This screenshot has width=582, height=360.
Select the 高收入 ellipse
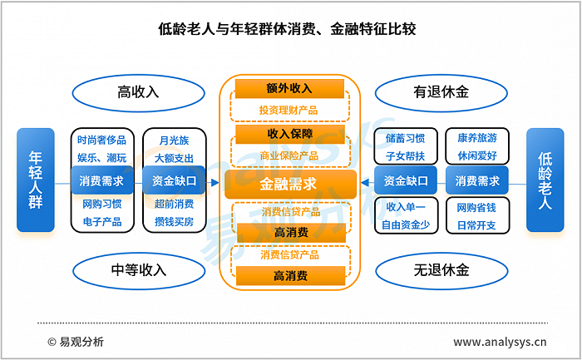tap(138, 91)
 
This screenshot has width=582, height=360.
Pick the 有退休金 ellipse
tap(441, 91)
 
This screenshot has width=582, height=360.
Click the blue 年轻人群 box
tap(34, 180)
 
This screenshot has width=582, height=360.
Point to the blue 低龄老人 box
tap(545, 180)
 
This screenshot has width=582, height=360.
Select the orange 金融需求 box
tap(289, 184)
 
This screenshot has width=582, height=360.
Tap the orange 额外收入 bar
tap(289, 89)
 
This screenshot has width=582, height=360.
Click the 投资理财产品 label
tap(289, 110)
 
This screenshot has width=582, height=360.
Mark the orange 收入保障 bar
tap(289, 134)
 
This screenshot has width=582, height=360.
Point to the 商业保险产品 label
tap(289, 155)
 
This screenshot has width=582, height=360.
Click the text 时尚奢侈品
tap(102, 141)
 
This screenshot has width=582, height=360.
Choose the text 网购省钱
tap(476, 207)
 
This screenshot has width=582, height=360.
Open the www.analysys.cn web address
tap(499, 342)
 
